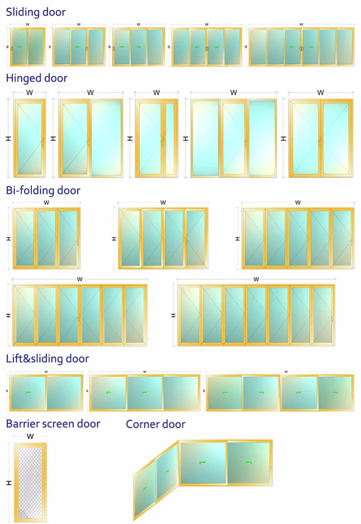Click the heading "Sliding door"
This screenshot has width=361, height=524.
[x=36, y=12]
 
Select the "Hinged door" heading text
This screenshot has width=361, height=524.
[x=37, y=78]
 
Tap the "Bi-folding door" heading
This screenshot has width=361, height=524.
[x=43, y=191]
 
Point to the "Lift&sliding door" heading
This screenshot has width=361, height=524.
[x=47, y=358]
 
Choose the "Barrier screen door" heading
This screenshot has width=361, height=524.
[x=53, y=424]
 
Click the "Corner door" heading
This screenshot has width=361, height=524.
[x=155, y=424]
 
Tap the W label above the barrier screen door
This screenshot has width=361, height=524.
[x=30, y=436]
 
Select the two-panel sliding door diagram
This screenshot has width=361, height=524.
[x=28, y=47]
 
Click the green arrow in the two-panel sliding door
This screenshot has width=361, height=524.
[x=20, y=47]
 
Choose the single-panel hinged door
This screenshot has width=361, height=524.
[x=30, y=138]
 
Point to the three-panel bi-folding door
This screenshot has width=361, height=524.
[x=47, y=238]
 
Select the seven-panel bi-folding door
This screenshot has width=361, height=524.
[x=256, y=315]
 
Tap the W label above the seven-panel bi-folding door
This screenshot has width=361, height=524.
[x=256, y=279]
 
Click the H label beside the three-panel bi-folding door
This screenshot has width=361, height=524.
[x=8, y=238]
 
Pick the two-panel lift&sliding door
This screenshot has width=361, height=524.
[x=46, y=393]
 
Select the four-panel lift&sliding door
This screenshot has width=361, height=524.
[x=279, y=393]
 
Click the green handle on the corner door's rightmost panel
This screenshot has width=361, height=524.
[x=248, y=463]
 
